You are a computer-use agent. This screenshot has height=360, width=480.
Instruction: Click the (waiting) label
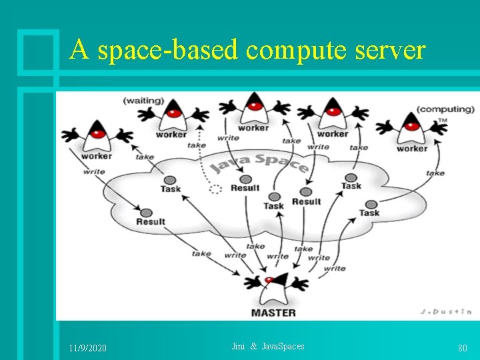click(x=143, y=101)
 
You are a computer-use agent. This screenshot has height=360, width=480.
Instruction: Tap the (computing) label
click(x=445, y=109)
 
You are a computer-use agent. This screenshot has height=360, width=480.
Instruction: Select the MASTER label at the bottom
click(x=273, y=311)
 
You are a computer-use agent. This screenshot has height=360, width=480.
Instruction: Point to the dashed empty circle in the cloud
click(x=215, y=189)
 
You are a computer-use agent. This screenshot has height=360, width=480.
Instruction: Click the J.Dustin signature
click(x=445, y=311)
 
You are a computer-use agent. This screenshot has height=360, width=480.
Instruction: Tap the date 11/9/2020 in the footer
click(x=87, y=349)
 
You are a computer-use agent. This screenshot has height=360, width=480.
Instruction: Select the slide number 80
click(x=462, y=349)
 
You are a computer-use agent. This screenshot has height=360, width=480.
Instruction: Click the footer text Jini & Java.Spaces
click(x=267, y=347)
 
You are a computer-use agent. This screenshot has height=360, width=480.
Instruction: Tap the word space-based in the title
click(x=168, y=50)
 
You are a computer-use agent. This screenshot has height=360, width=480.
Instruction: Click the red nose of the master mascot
click(x=269, y=279)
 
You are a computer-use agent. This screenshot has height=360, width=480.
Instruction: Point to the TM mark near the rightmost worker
click(x=442, y=121)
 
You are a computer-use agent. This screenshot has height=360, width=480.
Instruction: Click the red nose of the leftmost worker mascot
click(x=98, y=133)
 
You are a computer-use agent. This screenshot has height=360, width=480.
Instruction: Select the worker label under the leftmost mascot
click(x=97, y=156)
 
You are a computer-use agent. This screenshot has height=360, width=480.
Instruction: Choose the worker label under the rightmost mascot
click(x=411, y=148)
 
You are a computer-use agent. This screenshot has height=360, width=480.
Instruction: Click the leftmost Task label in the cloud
click(x=170, y=189)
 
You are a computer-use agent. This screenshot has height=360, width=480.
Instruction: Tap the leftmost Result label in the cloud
click(x=151, y=221)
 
